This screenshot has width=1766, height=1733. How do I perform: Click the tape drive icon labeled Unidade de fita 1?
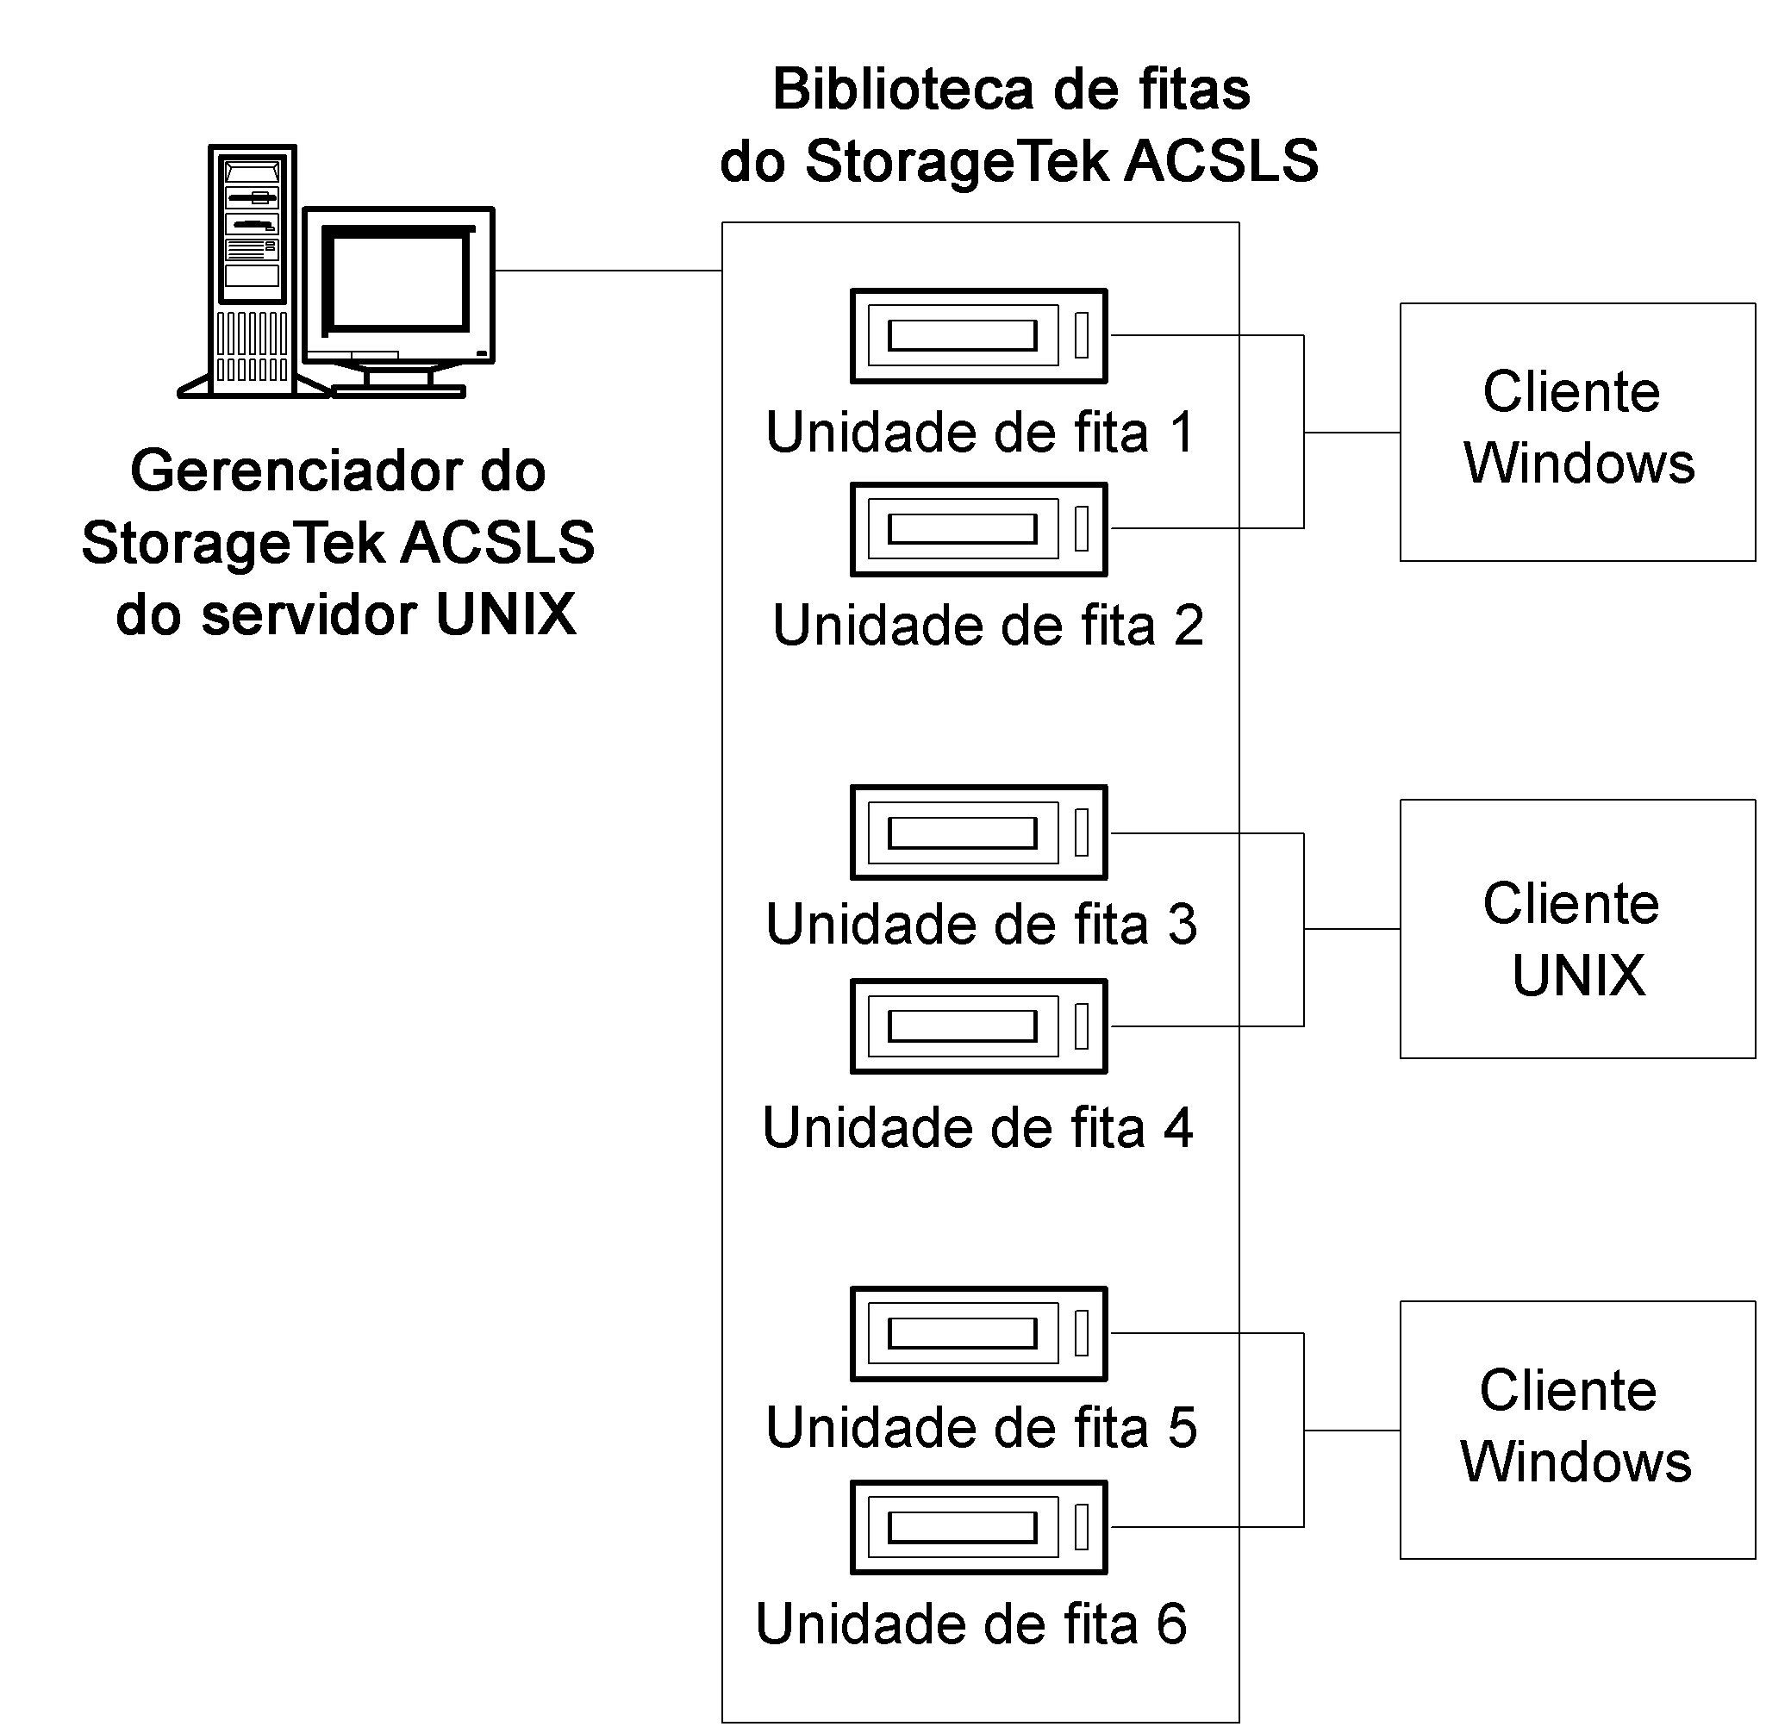[x=978, y=336]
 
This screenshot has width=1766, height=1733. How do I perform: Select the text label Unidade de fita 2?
[x=988, y=626]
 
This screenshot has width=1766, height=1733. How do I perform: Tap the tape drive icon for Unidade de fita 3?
[x=978, y=832]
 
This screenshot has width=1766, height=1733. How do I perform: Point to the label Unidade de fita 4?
[x=977, y=1129]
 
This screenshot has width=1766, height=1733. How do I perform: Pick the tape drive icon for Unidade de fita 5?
[x=978, y=1334]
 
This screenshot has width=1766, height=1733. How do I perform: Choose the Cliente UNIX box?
[x=1576, y=929]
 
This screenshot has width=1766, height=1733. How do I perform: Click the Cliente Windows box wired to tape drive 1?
[x=1576, y=433]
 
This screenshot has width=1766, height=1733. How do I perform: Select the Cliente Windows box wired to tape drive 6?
[x=1576, y=1431]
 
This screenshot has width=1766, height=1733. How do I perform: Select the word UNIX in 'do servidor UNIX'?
[x=505, y=615]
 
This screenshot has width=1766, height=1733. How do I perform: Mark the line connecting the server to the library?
[x=608, y=271]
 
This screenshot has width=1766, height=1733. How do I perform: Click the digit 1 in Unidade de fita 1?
[x=1181, y=433]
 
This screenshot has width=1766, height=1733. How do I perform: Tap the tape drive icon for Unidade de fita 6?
[x=978, y=1528]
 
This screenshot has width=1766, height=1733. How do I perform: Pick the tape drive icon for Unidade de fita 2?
[x=978, y=530]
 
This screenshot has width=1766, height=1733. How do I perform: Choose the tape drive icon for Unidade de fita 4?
[x=978, y=1026]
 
